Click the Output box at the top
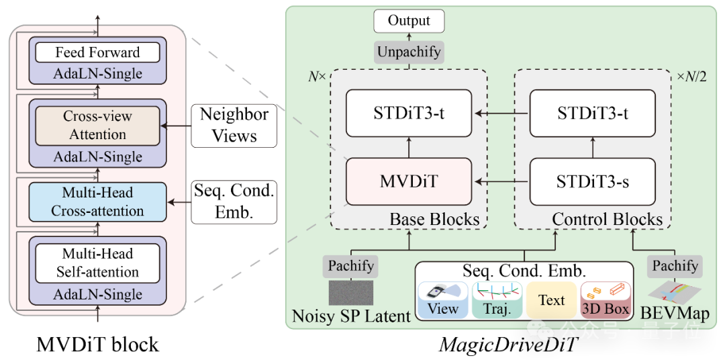point(409,21)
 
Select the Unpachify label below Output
point(409,52)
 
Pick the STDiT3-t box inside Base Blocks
point(408,113)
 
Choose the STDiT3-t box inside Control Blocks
point(593,113)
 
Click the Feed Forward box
point(97,52)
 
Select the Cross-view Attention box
point(97,126)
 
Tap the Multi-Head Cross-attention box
point(97,201)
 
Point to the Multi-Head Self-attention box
point(97,263)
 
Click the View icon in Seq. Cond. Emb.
point(443,300)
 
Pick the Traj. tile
point(497,300)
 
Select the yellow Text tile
point(551,300)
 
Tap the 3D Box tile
point(605,300)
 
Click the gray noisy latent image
point(351,293)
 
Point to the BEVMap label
point(674,313)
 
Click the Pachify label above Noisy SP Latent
point(351,266)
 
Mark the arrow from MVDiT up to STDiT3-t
point(408,148)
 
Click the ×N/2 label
point(691,77)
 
